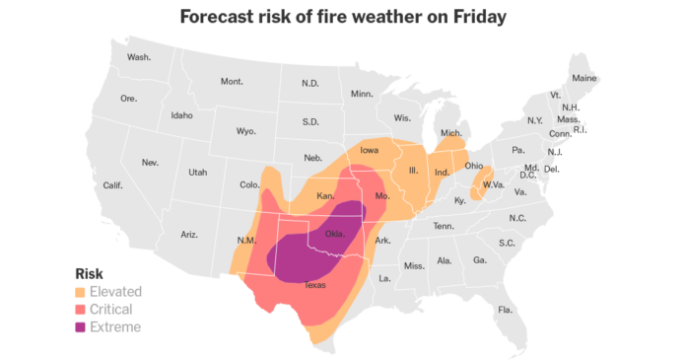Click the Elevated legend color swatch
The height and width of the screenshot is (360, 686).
(x=82, y=292)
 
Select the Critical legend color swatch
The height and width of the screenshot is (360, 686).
(x=82, y=310)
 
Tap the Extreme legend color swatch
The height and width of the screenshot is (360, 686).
(x=82, y=327)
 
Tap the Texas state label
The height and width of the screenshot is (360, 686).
(x=314, y=285)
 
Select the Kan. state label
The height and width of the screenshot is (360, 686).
(x=326, y=195)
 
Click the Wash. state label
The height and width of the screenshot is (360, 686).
(x=139, y=57)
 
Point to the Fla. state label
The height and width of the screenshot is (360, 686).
(x=506, y=310)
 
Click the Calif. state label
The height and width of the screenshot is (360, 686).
(x=113, y=184)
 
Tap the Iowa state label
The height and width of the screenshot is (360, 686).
(x=369, y=151)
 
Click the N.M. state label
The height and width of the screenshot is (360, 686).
(x=246, y=241)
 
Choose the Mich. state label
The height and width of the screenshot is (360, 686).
(x=451, y=133)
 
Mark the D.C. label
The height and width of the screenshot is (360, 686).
(x=532, y=178)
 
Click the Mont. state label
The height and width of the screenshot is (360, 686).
(x=232, y=81)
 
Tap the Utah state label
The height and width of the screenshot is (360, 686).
(x=198, y=173)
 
